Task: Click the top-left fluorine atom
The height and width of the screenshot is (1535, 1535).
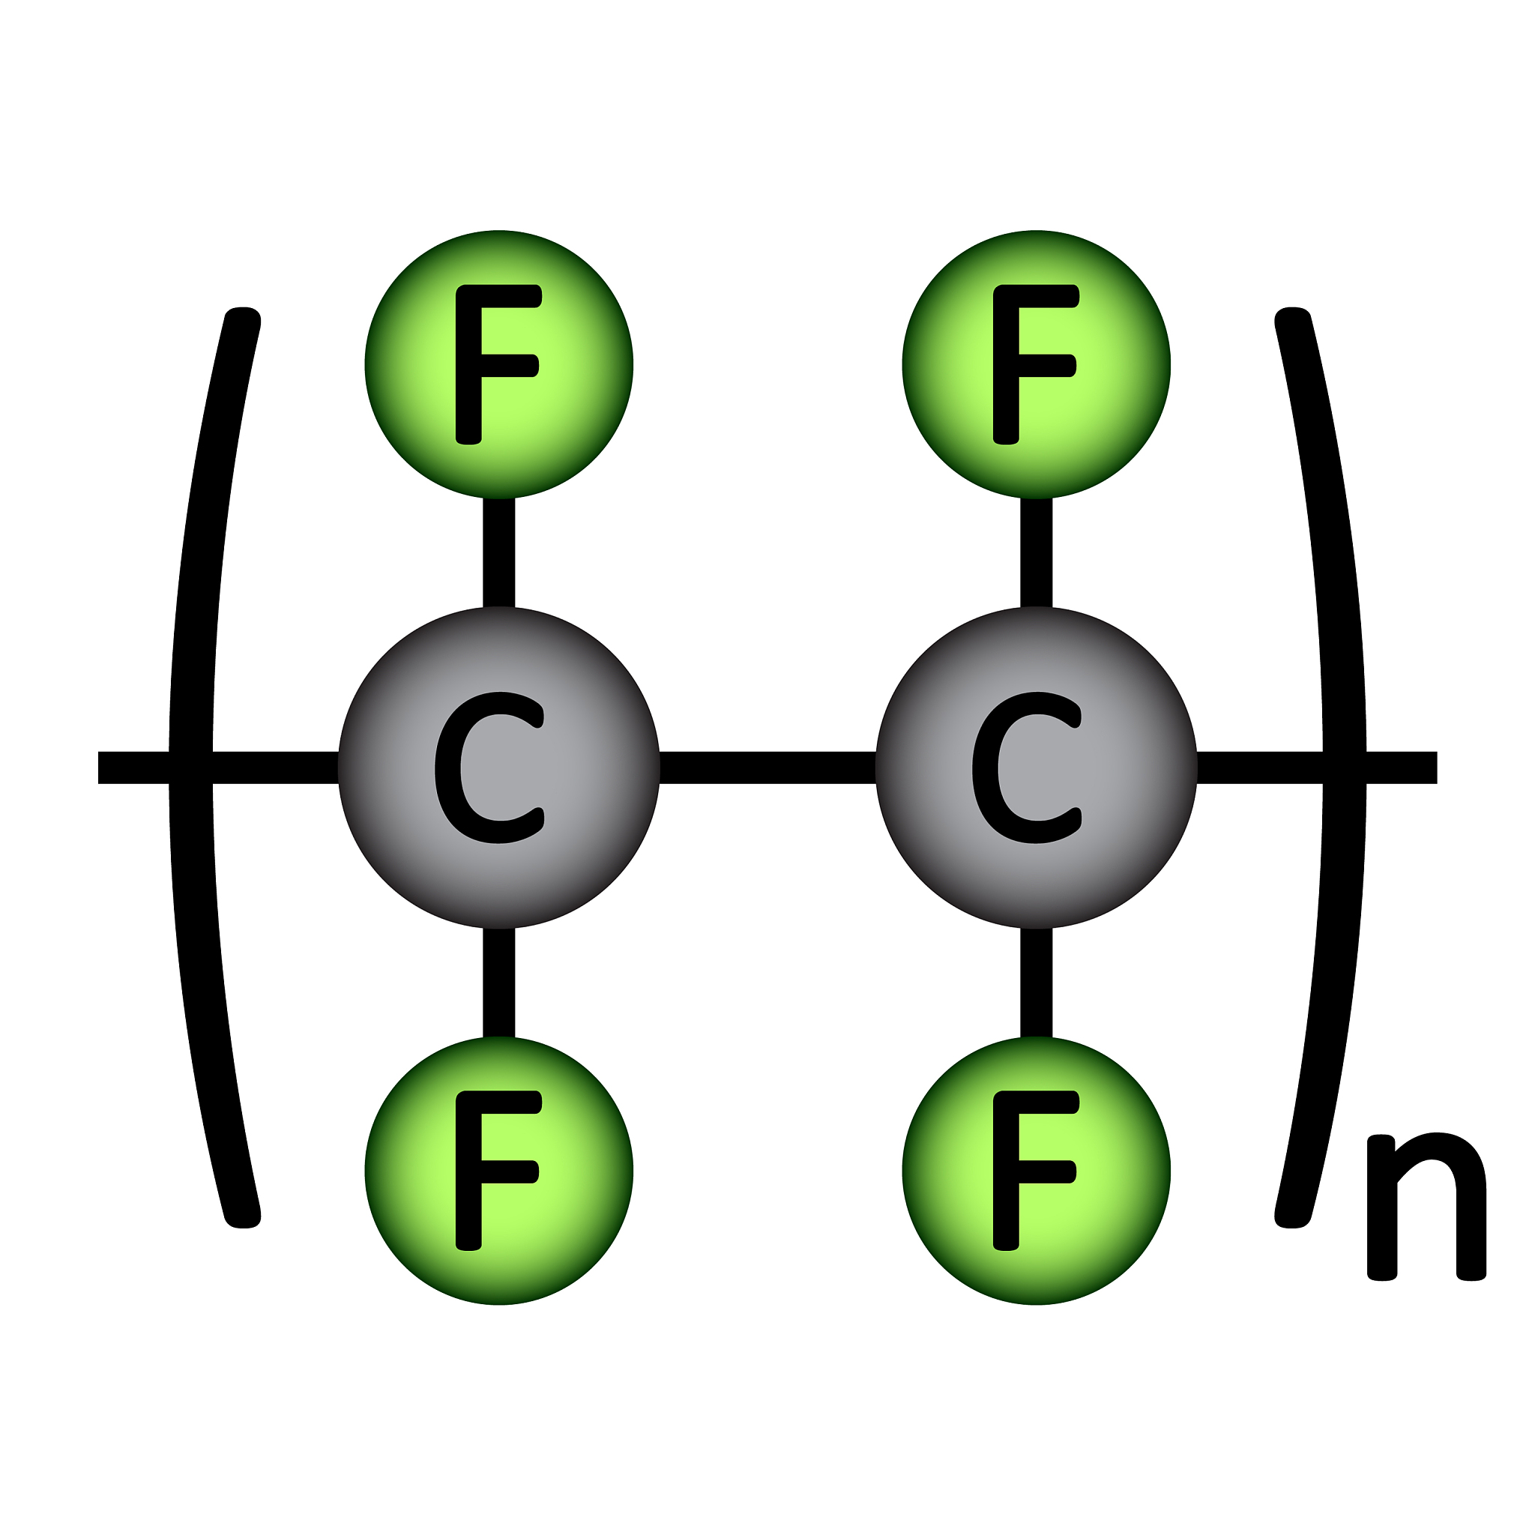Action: (x=499, y=365)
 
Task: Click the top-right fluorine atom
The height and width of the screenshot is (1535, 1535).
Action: (x=1036, y=365)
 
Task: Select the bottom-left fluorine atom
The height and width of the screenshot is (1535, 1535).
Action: (x=499, y=1170)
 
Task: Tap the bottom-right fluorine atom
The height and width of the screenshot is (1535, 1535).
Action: (x=1036, y=1170)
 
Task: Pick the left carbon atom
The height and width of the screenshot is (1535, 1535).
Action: (x=499, y=767)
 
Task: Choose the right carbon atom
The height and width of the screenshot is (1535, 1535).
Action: (x=1036, y=767)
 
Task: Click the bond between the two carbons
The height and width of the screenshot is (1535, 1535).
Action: (x=767, y=767)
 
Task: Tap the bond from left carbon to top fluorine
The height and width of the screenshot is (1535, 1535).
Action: (x=499, y=552)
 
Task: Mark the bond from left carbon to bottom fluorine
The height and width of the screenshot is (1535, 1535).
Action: (x=499, y=983)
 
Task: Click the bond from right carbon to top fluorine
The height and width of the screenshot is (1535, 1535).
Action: (x=1036, y=552)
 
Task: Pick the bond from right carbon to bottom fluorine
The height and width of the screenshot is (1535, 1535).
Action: (x=1036, y=983)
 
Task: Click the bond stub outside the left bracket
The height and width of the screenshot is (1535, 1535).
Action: (x=133, y=767)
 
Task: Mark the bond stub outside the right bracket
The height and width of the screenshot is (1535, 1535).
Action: (x=1403, y=767)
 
